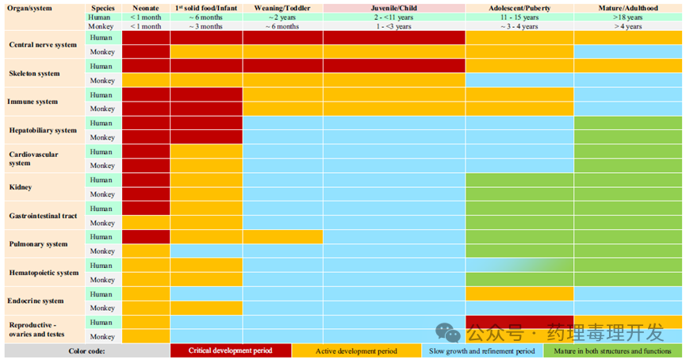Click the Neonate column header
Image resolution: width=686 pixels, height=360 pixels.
pos(145,7)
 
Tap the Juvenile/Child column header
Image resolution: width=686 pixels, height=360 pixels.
pos(393,7)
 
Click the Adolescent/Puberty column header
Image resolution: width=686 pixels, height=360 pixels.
pos(519,7)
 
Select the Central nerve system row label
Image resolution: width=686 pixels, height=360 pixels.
pos(43,44)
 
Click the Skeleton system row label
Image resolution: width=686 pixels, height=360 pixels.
pos(34,73)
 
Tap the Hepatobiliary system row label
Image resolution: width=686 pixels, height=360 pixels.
pos(43,130)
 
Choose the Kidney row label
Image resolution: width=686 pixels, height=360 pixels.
pos(21,187)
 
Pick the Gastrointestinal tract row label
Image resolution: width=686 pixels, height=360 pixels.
pos(43,216)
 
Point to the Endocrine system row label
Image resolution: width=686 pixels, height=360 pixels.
pos(36,301)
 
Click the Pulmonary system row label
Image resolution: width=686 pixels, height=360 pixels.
pos(38,244)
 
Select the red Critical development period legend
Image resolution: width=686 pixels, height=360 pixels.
pos(230,350)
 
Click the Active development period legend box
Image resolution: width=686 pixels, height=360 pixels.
pos(356,350)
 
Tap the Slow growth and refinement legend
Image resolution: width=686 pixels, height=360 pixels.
pos(481,350)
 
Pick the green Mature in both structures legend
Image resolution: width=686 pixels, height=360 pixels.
pos(612,350)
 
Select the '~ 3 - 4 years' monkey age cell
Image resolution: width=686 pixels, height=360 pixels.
pos(519,26)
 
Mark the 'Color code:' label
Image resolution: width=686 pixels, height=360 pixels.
pos(86,350)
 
